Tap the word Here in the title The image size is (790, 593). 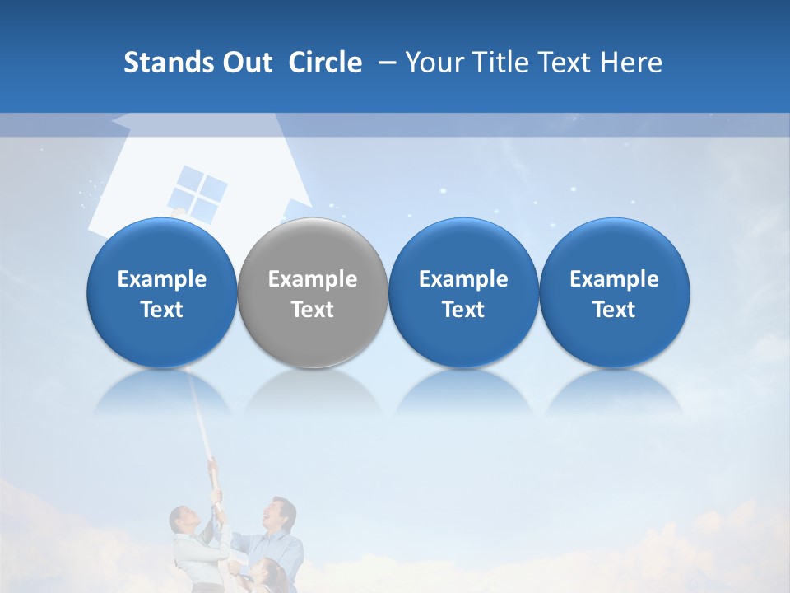[x=631, y=63]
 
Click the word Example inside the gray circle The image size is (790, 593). [x=312, y=279]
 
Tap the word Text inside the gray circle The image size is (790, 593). [x=312, y=310]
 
